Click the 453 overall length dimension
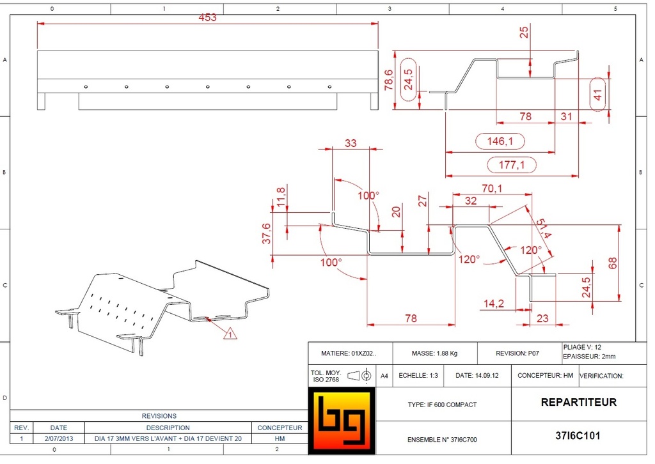click(207, 17)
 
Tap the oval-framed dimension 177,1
click(512, 165)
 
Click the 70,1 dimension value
click(491, 188)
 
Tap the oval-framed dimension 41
click(599, 94)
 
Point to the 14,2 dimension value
click(493, 304)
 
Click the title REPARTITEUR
click(578, 403)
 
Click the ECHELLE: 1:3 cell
click(418, 376)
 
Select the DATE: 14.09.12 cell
click(477, 376)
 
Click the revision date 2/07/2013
click(58, 439)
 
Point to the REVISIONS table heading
click(159, 416)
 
